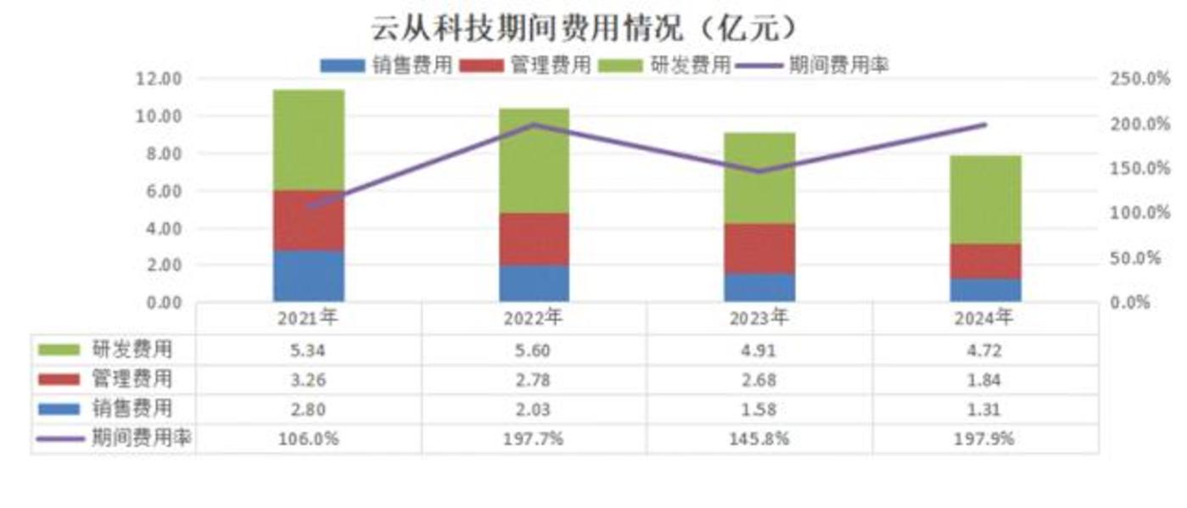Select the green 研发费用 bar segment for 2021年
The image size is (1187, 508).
click(309, 140)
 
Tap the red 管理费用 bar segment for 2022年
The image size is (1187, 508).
click(535, 239)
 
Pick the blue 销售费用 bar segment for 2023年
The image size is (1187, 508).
click(760, 287)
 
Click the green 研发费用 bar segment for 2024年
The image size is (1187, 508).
click(986, 199)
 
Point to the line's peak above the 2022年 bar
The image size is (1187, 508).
click(535, 125)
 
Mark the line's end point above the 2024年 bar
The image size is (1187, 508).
click(986, 125)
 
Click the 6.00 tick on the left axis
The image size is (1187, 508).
click(162, 191)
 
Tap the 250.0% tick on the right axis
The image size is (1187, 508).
click(1139, 79)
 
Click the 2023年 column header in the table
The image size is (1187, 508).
click(760, 319)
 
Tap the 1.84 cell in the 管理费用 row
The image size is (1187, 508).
click(986, 379)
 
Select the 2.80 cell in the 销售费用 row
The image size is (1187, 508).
click(309, 410)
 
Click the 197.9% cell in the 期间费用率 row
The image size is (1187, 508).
click(986, 439)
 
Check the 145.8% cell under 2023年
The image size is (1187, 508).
click(760, 439)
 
